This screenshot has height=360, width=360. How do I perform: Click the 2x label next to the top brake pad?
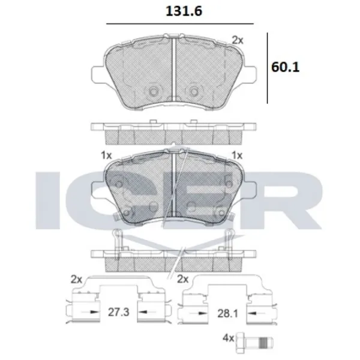coord(238,40)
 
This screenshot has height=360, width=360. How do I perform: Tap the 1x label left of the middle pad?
coord(107,155)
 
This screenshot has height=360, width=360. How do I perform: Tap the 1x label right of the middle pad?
coord(236,155)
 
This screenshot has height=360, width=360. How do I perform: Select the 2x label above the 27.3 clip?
coord(76,278)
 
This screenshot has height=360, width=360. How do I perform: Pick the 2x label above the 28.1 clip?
coord(183,278)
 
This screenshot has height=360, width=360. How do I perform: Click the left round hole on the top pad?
coord(152,91)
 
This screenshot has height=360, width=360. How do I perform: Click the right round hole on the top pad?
coord(193,91)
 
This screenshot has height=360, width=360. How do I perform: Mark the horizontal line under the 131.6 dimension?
coord(179,23)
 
